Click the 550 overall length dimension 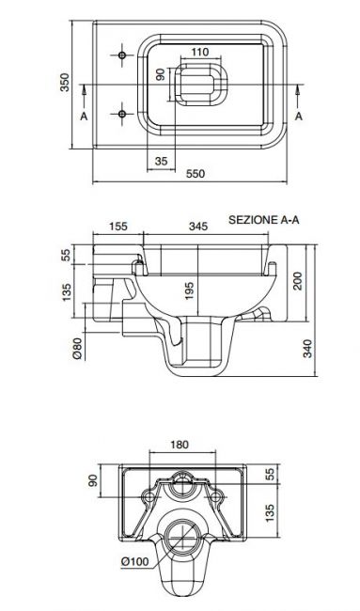click(x=196, y=174)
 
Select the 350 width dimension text click(x=65, y=82)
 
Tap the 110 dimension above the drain click(x=200, y=52)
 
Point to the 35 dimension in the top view click(x=161, y=161)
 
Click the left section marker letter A click(x=84, y=116)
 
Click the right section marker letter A click(x=299, y=116)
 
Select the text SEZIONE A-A click(x=264, y=220)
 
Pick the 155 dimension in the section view click(x=117, y=226)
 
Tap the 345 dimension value click(x=198, y=226)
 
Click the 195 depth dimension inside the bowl click(x=189, y=290)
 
